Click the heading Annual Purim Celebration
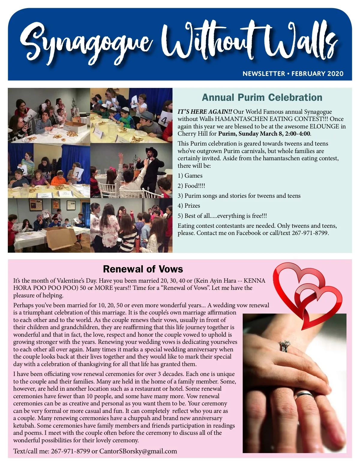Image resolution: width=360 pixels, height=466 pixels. tap(262, 98)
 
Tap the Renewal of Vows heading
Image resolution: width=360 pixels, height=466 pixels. tap(143, 269)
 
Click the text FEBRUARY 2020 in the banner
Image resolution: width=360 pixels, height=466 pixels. tap(317, 74)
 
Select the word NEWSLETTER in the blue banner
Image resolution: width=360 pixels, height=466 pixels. tap(264, 74)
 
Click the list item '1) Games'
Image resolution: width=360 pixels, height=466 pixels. tap(190, 176)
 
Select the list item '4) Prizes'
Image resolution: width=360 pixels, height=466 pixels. tap(189, 206)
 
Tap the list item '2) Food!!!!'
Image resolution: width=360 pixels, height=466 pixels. tap(191, 186)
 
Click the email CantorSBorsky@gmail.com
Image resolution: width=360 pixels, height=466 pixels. tap(138, 451)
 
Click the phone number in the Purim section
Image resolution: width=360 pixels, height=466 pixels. tap(310, 233)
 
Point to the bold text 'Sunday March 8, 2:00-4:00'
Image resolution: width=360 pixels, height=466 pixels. tap(274, 134)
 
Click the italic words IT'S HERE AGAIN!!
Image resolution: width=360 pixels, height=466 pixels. tap(205, 112)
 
